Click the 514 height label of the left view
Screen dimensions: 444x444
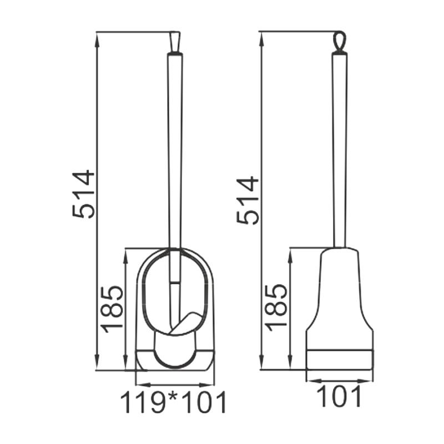point(84,194)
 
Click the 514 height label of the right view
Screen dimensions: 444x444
point(248,200)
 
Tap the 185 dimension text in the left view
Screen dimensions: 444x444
point(113,308)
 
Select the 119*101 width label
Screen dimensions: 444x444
point(174,403)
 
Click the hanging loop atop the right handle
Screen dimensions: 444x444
point(339,42)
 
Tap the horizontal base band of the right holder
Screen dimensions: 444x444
point(339,359)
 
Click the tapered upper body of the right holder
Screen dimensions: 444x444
point(339,289)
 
